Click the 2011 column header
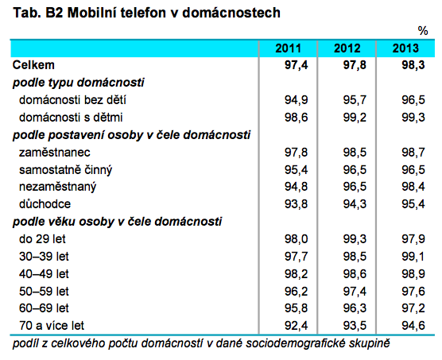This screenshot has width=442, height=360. [x=288, y=48]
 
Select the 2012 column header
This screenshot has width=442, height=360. [x=347, y=48]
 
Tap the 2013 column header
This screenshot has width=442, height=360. [x=405, y=48]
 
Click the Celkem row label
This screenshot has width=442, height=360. [x=33, y=65]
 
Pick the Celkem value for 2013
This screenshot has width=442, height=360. [x=413, y=65]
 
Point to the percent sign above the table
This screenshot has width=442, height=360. [x=423, y=31]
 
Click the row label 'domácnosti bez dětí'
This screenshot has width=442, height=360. [x=72, y=100]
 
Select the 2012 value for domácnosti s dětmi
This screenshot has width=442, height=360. [x=355, y=118]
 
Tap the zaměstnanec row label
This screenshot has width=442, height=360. [x=55, y=153]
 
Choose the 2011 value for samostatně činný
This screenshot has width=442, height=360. [x=296, y=170]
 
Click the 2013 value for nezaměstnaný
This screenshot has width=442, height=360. [x=413, y=187]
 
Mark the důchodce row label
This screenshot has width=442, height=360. [x=45, y=204]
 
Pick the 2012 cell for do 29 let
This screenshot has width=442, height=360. [x=355, y=239]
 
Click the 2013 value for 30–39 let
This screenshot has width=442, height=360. [x=413, y=257]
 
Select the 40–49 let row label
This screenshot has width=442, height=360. [x=44, y=274]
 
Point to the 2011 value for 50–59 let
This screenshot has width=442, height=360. [x=296, y=292]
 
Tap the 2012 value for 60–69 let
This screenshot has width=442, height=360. [x=355, y=308]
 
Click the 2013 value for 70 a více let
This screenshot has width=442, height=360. [x=413, y=326]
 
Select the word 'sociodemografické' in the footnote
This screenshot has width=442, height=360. [x=296, y=343]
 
